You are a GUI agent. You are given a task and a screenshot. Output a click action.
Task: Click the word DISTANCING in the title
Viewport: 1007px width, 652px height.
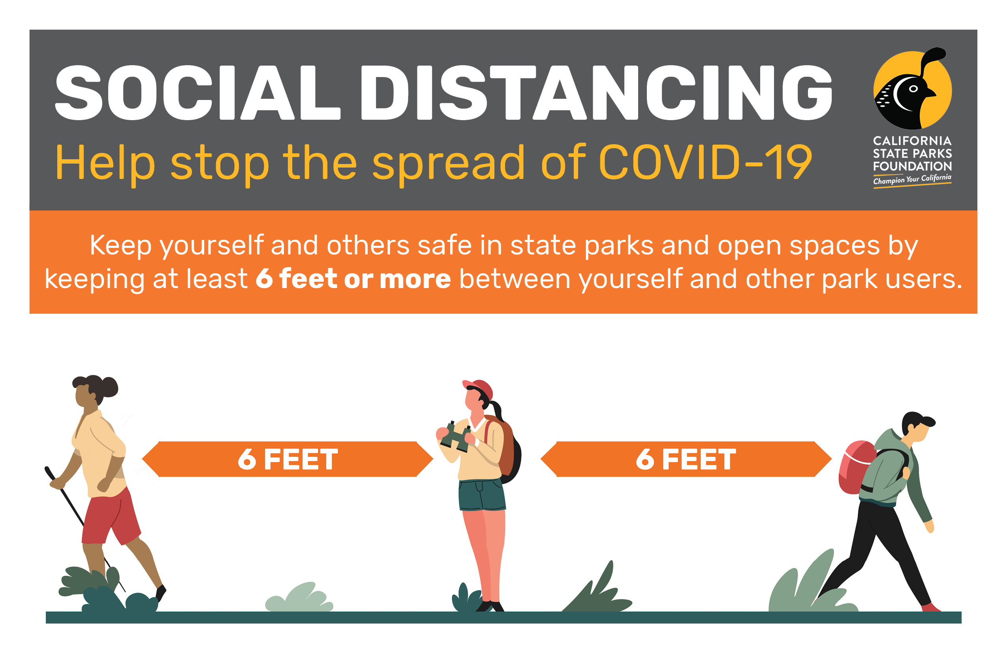[x=596, y=93]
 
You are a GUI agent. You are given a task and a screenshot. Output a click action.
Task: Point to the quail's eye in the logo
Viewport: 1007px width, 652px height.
[x=913, y=89]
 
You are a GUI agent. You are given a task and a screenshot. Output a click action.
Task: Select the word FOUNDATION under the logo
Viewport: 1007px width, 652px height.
[x=912, y=166]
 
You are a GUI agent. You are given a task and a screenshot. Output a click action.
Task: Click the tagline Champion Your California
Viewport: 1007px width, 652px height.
[x=912, y=179]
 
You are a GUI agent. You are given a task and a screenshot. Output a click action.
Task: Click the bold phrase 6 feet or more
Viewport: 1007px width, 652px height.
[x=353, y=279]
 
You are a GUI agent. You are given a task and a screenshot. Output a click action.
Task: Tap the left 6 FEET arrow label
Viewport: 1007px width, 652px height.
[x=288, y=459]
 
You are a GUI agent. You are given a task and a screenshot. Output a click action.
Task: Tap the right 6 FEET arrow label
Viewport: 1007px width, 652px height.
[x=686, y=459]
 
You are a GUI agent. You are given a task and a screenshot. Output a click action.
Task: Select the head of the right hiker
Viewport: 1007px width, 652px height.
[x=917, y=427]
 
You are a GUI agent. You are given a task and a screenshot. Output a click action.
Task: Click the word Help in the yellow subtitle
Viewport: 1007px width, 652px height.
[x=105, y=162]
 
